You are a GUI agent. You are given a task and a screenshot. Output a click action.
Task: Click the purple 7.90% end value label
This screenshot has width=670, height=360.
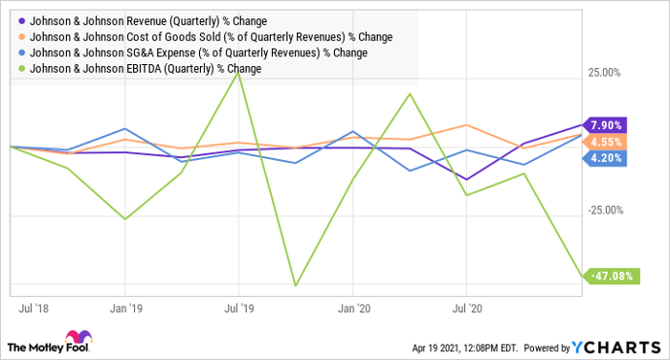coord(607,124)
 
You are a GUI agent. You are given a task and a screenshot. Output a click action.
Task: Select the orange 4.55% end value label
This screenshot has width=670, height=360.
coord(607,142)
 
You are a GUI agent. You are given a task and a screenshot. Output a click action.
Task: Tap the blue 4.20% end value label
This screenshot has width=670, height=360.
coord(607,159)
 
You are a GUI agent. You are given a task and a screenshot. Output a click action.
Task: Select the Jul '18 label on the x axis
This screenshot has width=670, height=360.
coord(34,309)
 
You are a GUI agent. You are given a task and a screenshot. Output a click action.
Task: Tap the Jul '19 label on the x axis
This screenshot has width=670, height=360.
coord(238,309)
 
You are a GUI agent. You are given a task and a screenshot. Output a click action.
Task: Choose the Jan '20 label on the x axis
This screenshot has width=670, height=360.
coord(353,309)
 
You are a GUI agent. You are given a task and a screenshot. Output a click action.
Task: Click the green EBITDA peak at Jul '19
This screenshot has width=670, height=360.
coord(238,73)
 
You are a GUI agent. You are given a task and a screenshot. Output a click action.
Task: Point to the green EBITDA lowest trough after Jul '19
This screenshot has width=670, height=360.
coord(296,285)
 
